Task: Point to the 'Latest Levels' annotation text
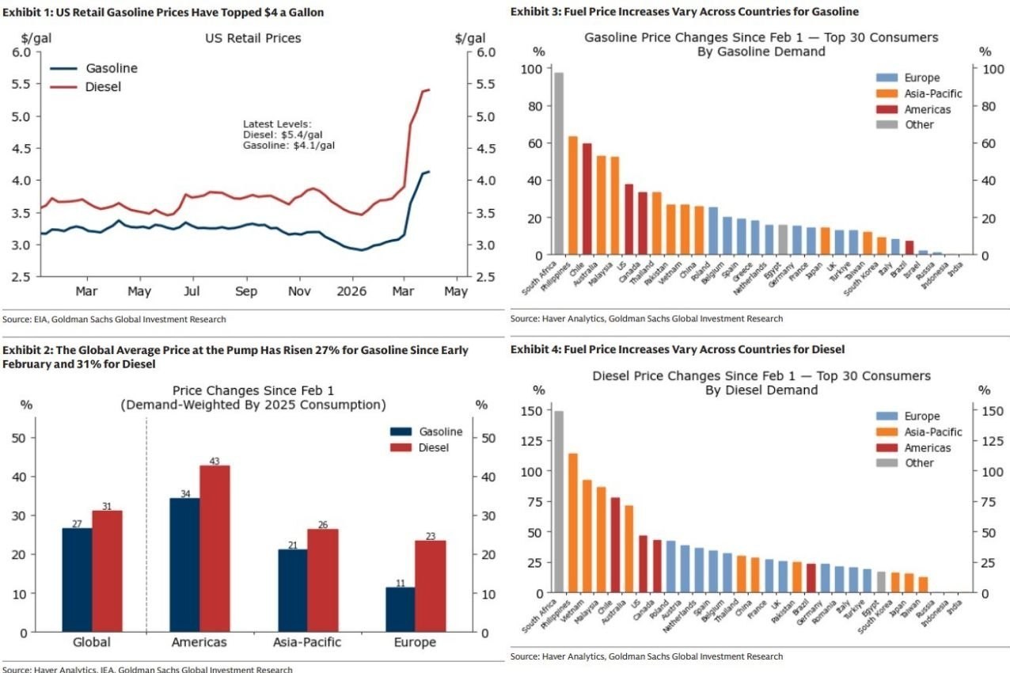point(277,124)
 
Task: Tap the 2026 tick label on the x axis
point(351,291)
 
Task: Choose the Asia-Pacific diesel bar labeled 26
point(322,580)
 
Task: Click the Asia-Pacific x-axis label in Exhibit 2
point(307,642)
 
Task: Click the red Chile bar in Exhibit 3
point(587,199)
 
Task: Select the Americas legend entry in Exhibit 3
point(919,109)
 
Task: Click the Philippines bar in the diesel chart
point(573,523)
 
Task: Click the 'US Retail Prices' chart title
point(253,37)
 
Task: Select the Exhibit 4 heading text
point(678,349)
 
